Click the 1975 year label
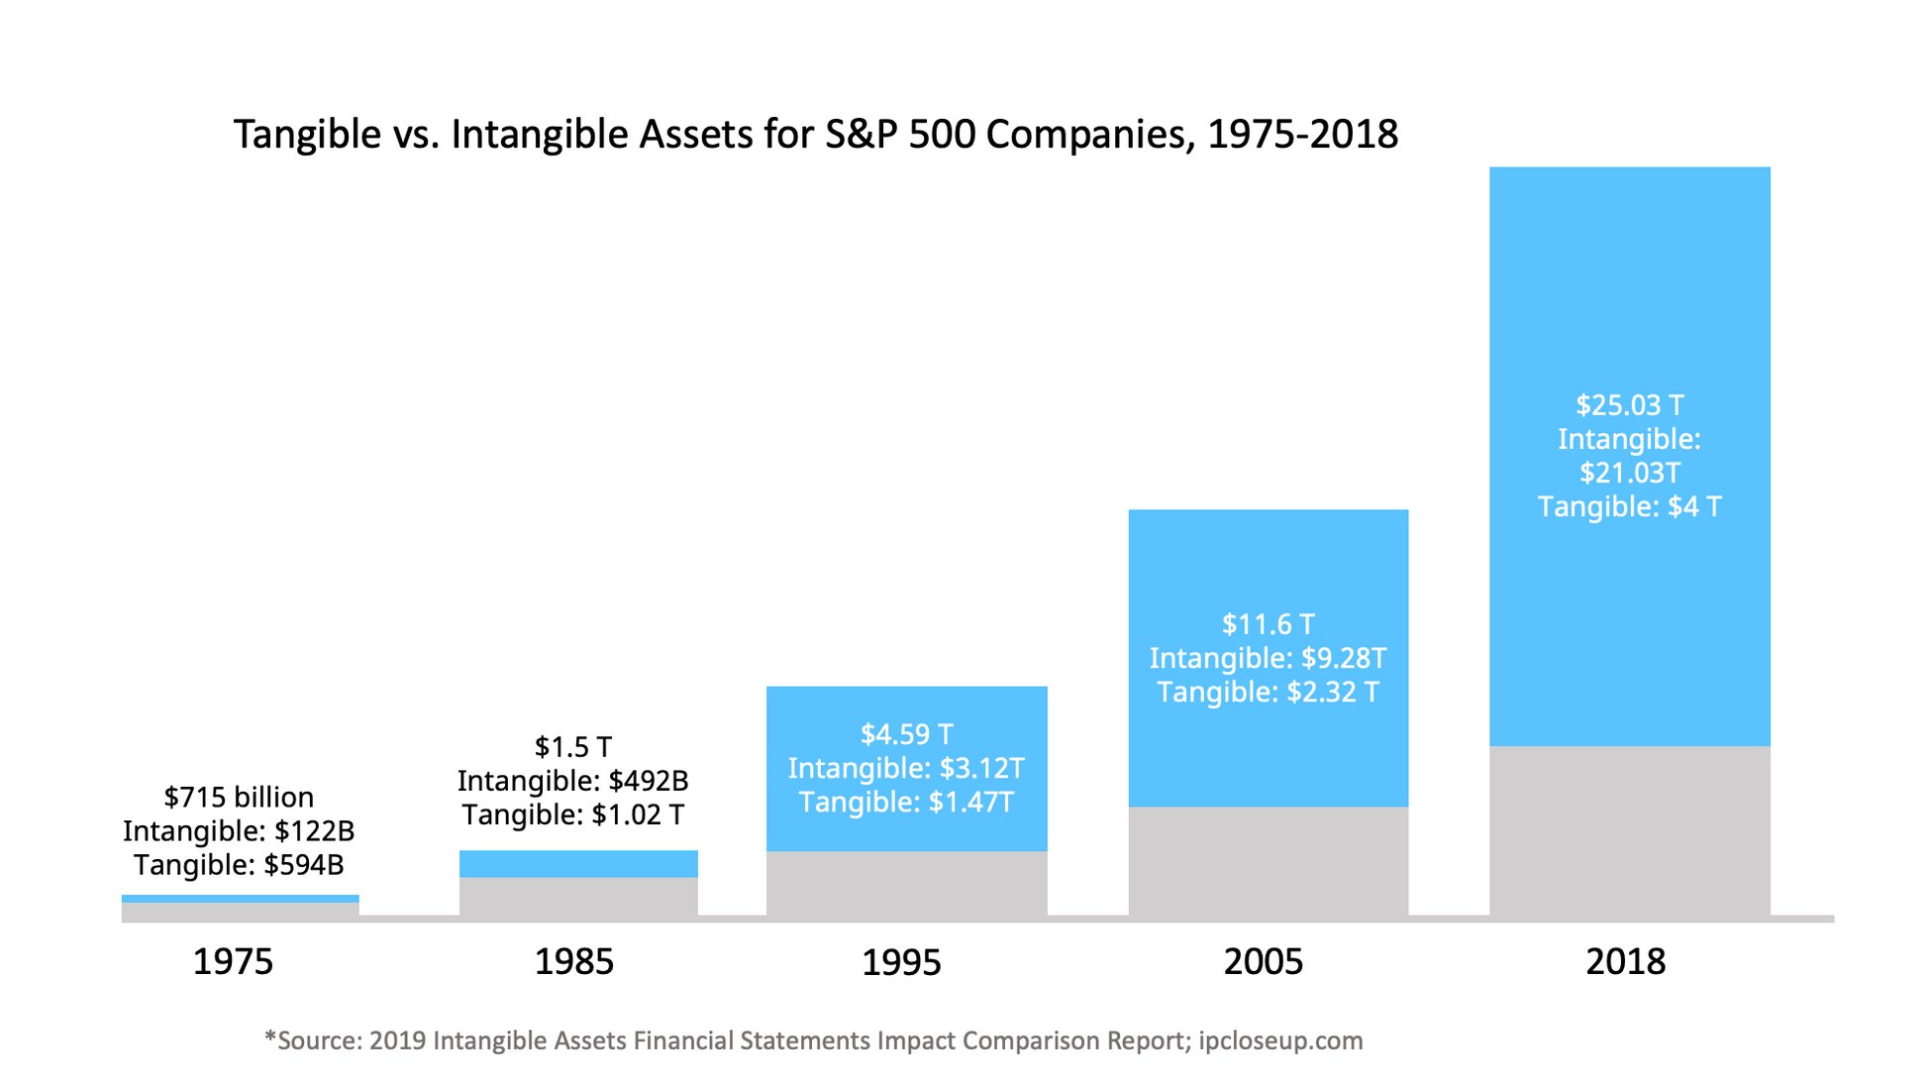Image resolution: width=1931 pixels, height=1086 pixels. point(233,961)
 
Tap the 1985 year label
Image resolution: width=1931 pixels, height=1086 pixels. point(574,961)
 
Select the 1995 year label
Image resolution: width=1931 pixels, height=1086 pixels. point(901,962)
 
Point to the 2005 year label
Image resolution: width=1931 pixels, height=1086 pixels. point(1264,961)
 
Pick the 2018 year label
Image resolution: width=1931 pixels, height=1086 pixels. point(1626,961)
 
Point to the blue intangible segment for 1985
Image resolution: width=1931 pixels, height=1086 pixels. point(578,863)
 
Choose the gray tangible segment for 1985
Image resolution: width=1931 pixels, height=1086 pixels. point(578,896)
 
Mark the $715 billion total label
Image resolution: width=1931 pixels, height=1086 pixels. point(239,797)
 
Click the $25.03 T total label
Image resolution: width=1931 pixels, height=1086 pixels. point(1630,405)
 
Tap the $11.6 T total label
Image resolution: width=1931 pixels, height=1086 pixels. point(1269,624)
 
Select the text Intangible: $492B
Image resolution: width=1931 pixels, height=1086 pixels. point(573,781)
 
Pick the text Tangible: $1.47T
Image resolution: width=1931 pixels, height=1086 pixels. point(907,802)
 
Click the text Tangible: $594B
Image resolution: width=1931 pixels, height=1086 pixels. point(239,865)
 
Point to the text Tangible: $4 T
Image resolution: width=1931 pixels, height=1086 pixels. point(1630,506)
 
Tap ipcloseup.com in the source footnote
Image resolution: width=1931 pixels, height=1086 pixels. point(1280,1040)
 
